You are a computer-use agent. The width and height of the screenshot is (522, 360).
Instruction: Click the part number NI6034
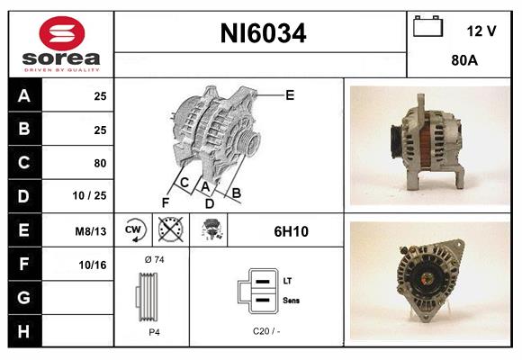pyautogui.click(x=263, y=34)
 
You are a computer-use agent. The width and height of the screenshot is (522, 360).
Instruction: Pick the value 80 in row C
pyautogui.click(x=100, y=163)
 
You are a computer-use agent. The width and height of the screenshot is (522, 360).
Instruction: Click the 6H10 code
pyautogui.click(x=291, y=231)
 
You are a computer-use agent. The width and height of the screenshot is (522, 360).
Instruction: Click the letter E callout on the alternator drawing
pyautogui.click(x=289, y=94)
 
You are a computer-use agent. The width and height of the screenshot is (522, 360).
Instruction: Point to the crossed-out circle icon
pyautogui.click(x=170, y=231)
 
